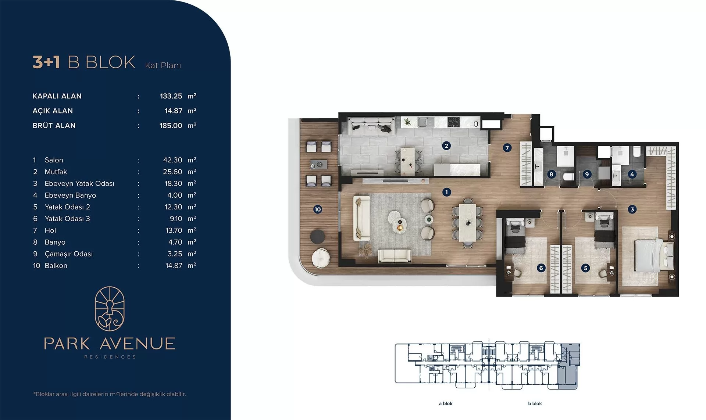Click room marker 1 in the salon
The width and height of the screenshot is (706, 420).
pyautogui.click(x=446, y=192)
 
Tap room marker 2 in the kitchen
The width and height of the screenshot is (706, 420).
pyautogui.click(x=446, y=146)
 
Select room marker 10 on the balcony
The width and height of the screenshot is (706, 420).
pyautogui.click(x=318, y=209)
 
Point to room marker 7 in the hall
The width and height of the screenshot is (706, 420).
pyautogui.click(x=507, y=148)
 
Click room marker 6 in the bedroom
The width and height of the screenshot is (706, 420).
pyautogui.click(x=541, y=268)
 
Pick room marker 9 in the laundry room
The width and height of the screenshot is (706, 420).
pyautogui.click(x=587, y=174)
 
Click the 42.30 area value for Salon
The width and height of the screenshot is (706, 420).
pyautogui.click(x=172, y=160)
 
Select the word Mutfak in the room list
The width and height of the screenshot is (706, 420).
pyautogui.click(x=56, y=172)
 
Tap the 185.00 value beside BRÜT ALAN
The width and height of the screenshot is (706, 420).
pyautogui.click(x=171, y=125)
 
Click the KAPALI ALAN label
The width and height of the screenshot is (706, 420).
pyautogui.click(x=57, y=96)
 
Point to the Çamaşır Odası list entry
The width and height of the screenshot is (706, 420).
pyautogui.click(x=69, y=254)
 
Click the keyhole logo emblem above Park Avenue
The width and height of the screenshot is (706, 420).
pyautogui.click(x=110, y=309)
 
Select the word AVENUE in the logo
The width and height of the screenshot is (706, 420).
pyautogui.click(x=138, y=344)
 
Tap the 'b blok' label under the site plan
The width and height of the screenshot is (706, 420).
pyautogui.click(x=535, y=403)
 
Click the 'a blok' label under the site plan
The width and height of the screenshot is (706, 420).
pyautogui.click(x=446, y=403)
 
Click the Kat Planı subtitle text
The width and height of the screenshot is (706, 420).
pyautogui.click(x=163, y=65)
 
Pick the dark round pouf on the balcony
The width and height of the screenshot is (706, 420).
pyautogui.click(x=317, y=237)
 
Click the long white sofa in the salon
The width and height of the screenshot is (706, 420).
pyautogui.click(x=361, y=218)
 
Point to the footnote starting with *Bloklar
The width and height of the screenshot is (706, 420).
pyautogui.click(x=110, y=394)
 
